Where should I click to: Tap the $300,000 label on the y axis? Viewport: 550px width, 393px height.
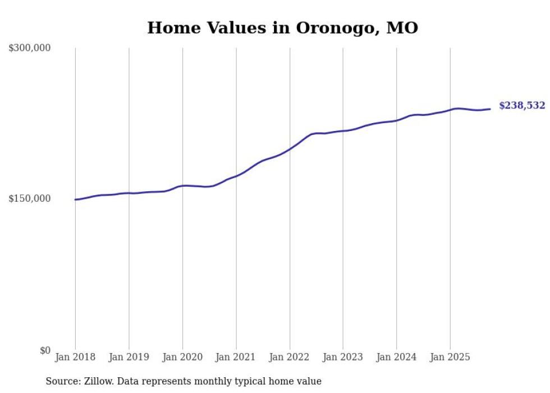(x=30, y=48)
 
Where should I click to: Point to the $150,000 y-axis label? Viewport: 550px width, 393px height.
(x=30, y=199)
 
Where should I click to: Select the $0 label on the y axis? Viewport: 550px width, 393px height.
(x=45, y=350)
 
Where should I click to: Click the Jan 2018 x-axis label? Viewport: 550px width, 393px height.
(x=75, y=358)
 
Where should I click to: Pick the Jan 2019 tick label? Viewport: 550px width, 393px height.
(x=129, y=358)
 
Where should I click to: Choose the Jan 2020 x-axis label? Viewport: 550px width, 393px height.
(x=182, y=358)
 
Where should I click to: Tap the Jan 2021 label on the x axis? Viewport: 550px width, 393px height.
(x=236, y=358)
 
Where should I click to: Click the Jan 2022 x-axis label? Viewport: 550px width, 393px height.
(x=290, y=358)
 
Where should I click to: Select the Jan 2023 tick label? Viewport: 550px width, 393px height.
(x=343, y=358)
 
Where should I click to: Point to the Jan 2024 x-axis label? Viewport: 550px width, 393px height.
(x=396, y=358)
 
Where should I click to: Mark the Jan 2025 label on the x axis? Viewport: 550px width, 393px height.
(x=450, y=358)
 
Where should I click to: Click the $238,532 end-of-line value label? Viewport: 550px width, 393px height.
(x=521, y=106)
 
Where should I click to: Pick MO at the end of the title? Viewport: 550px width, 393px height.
(x=402, y=28)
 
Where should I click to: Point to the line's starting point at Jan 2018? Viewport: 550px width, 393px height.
(x=75, y=200)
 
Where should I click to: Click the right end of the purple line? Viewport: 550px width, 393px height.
(x=490, y=109)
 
